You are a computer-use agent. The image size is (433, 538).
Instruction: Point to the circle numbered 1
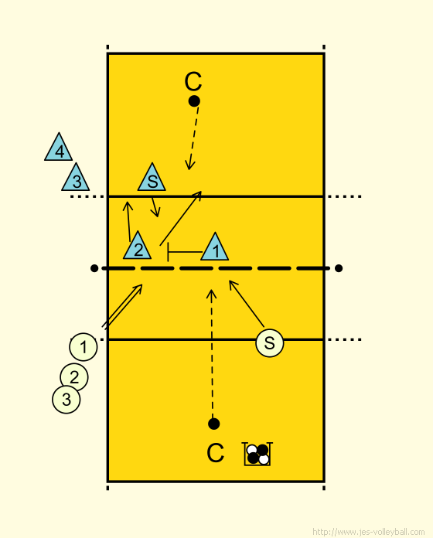click(x=84, y=347)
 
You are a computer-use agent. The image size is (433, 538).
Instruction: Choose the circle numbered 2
click(x=74, y=377)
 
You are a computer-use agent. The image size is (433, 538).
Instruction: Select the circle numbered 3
click(x=66, y=400)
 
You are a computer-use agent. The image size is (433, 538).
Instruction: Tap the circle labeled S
click(x=270, y=342)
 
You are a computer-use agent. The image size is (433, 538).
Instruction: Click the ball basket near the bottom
click(x=257, y=454)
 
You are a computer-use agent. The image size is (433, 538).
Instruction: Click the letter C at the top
click(x=193, y=82)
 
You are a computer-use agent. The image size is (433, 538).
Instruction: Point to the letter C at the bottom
click(x=216, y=453)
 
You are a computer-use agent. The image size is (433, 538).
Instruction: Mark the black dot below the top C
click(x=194, y=101)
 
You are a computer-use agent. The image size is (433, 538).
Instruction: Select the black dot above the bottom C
click(x=213, y=424)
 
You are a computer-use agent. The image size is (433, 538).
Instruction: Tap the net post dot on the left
click(x=94, y=268)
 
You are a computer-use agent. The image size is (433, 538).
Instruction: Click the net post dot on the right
click(x=339, y=268)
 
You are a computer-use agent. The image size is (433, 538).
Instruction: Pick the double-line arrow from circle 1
click(x=122, y=306)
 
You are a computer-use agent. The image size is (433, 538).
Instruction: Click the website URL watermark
click(x=369, y=532)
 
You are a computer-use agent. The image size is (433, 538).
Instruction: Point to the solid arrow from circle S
click(x=247, y=304)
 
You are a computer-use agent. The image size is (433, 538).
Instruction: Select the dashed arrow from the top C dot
click(x=193, y=138)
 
